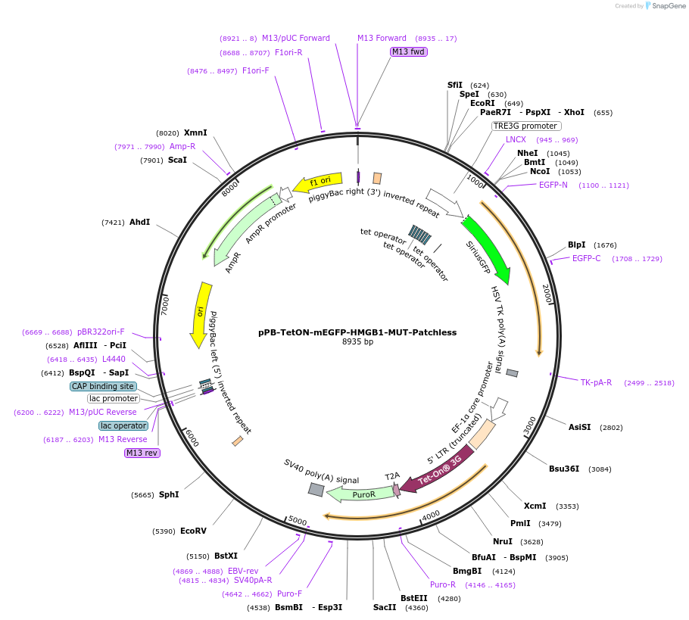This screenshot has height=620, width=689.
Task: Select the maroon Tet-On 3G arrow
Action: [x=437, y=472]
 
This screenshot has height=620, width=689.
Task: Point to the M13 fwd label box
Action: [x=408, y=51]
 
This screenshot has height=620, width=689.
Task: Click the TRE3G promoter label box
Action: [x=525, y=126]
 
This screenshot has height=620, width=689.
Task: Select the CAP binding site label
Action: [x=103, y=386]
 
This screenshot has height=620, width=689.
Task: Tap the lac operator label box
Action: [x=123, y=425]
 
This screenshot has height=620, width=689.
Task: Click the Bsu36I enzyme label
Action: [x=564, y=469]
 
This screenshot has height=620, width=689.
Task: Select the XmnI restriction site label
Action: [x=195, y=132]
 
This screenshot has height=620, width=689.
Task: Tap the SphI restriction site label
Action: [x=169, y=494]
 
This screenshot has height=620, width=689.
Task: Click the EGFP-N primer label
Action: [x=553, y=185]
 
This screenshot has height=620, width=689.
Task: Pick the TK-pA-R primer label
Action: [x=596, y=382]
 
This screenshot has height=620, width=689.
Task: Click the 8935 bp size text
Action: [x=357, y=342]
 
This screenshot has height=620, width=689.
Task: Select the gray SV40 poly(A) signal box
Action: [x=316, y=490]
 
